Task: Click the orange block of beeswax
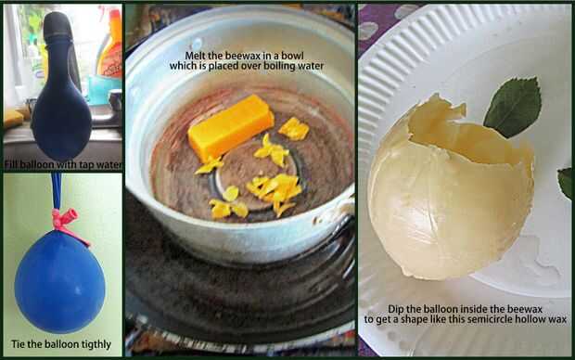pyautogui.click(x=231, y=128)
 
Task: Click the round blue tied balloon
pyautogui.click(x=59, y=281)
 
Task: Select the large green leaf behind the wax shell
pyautogui.click(x=514, y=107)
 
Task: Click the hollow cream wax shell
pyautogui.click(x=451, y=191)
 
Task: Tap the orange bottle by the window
pyautogui.click(x=110, y=45)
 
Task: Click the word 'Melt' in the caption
pyautogui.click(x=194, y=56)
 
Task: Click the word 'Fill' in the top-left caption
pyautogui.click(x=10, y=165)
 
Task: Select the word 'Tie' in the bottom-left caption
pyautogui.click(x=18, y=344)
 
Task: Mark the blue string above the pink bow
pyautogui.click(x=56, y=191)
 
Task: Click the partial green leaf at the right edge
pyautogui.click(x=565, y=183)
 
